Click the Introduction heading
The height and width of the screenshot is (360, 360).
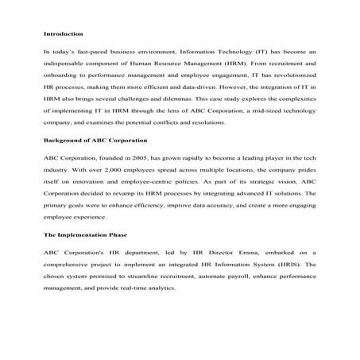pyautogui.click(x=61, y=34)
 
